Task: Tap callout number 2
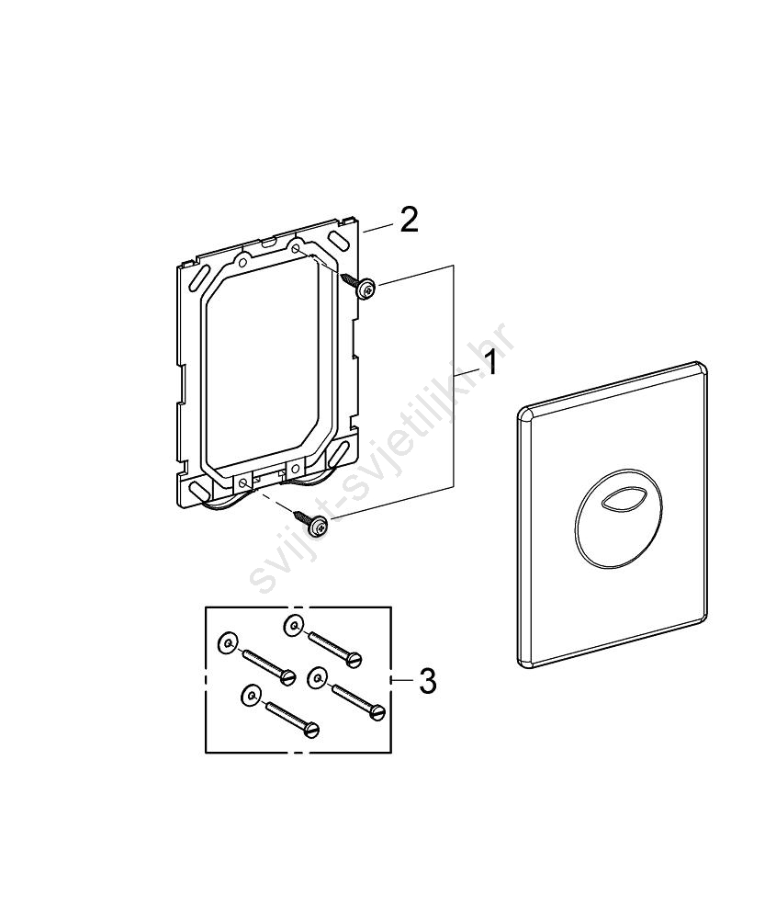(x=409, y=220)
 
